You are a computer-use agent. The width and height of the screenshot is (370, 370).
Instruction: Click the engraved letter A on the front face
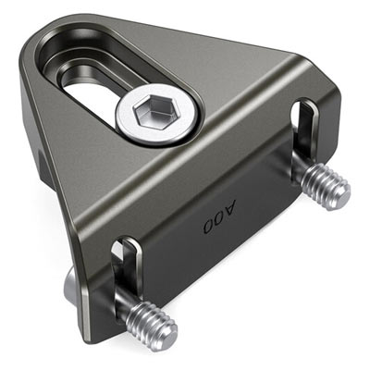(228, 208)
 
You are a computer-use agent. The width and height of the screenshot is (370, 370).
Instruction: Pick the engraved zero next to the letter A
(218, 217)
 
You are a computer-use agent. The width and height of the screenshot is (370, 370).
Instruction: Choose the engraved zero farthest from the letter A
(209, 226)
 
